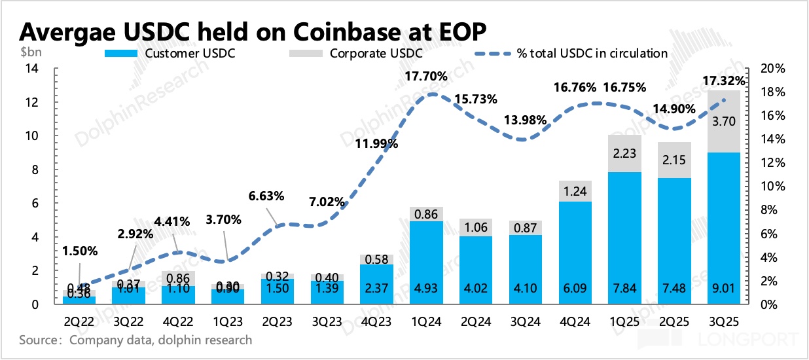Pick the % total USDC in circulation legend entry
pyautogui.click(x=592, y=54)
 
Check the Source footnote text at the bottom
pyautogui.click(x=135, y=340)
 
